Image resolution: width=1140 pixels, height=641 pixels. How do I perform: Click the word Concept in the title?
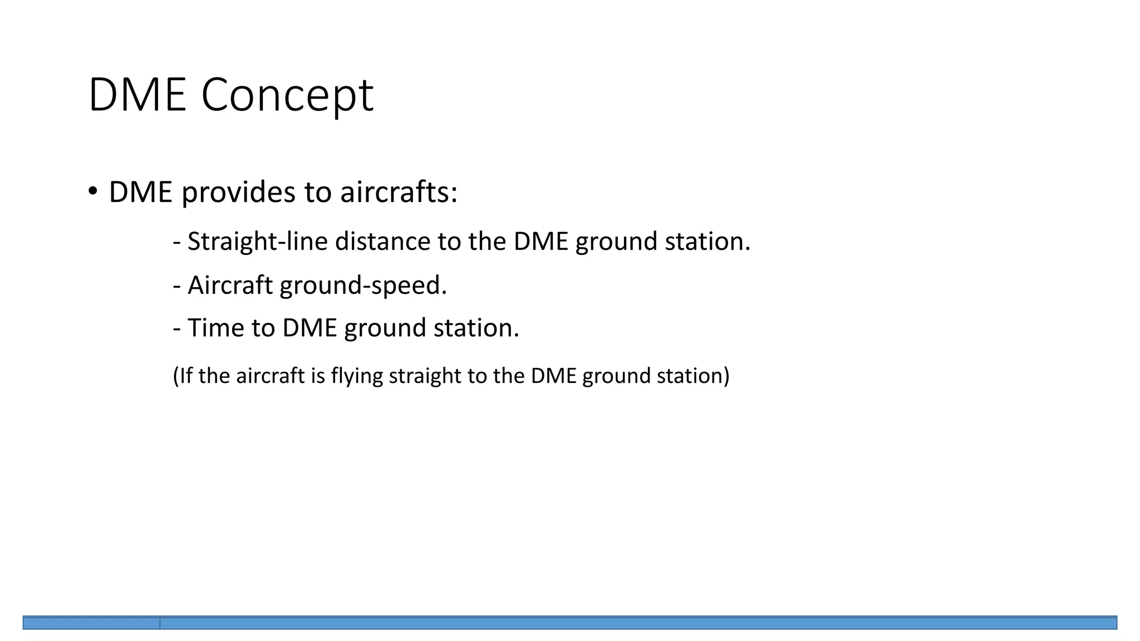287,96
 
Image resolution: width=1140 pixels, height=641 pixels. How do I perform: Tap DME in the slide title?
137,96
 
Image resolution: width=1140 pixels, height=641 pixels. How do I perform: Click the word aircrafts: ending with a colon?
399,193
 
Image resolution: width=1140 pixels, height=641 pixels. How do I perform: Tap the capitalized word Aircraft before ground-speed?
230,285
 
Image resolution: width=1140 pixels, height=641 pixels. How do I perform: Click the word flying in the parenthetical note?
357,377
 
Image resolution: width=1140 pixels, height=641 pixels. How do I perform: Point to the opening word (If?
182,376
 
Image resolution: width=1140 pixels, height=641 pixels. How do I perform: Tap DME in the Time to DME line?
309,328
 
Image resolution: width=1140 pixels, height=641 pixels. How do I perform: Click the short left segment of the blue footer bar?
91,623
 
